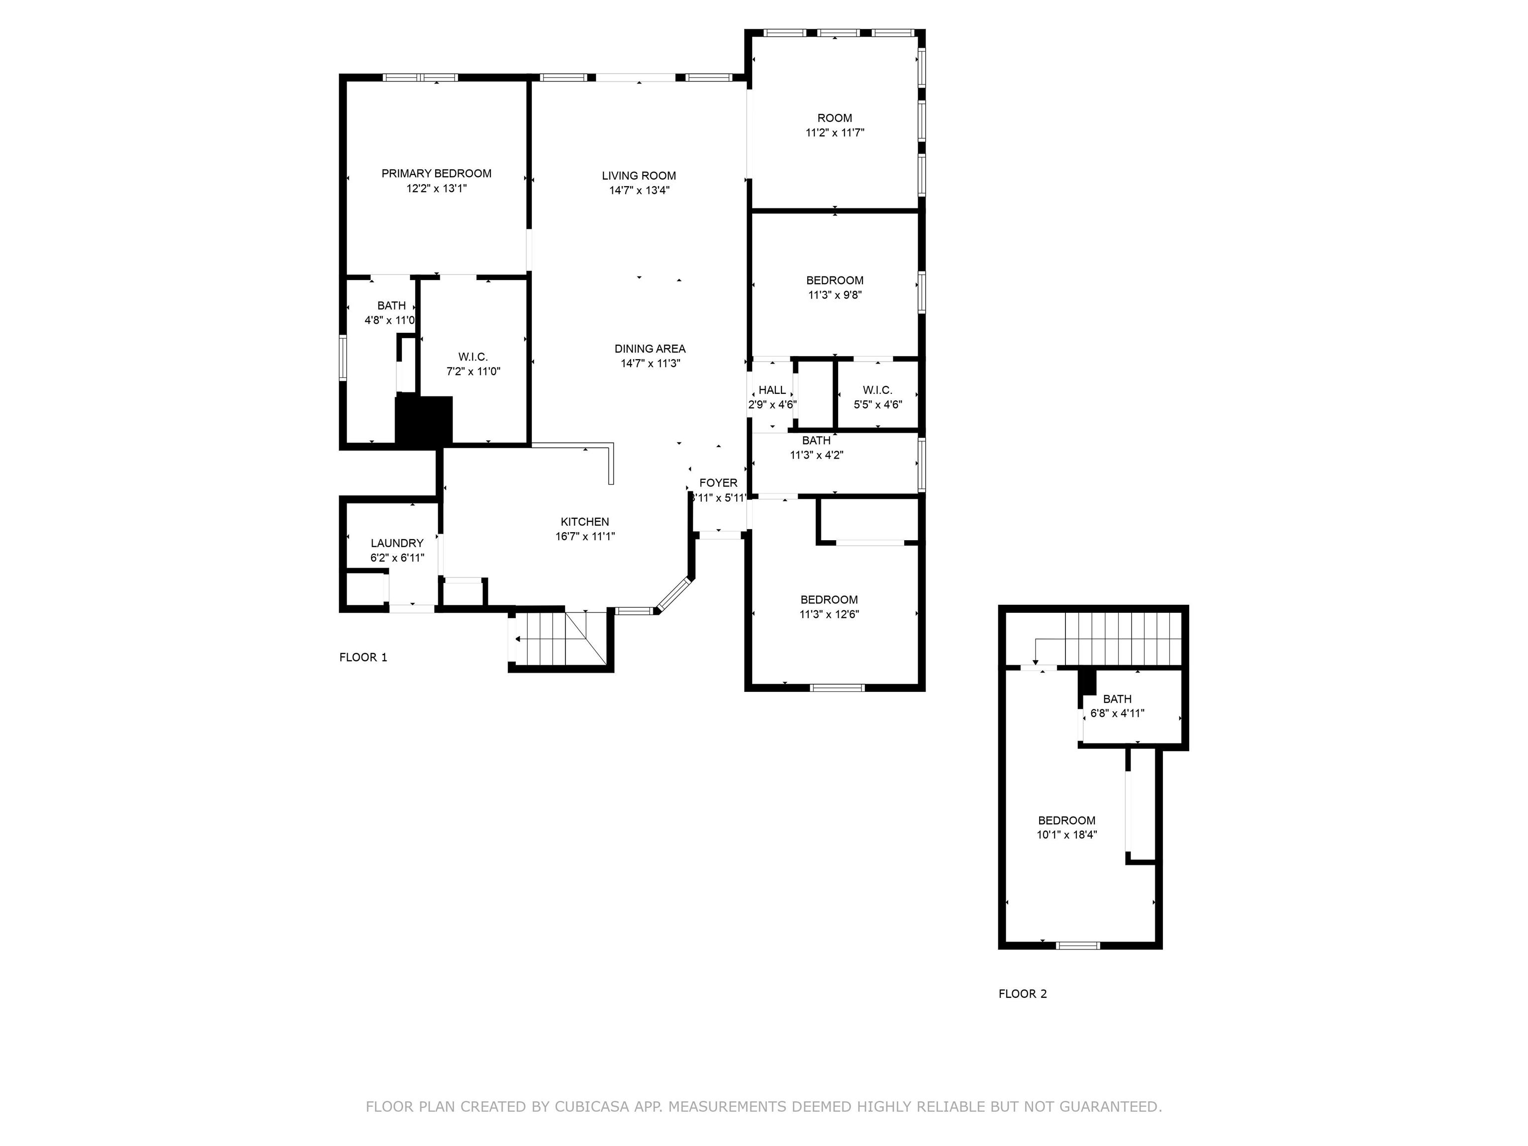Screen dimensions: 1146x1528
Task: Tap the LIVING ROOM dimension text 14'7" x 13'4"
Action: (639, 191)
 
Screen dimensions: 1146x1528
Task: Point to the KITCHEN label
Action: (584, 522)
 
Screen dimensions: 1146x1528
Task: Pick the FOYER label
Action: (718, 483)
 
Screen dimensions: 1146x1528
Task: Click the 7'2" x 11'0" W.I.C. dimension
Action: (473, 372)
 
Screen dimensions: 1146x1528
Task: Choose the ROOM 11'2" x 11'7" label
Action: (835, 125)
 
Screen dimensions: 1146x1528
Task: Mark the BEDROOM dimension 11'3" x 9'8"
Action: (835, 295)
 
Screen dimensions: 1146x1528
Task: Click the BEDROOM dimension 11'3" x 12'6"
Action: (829, 615)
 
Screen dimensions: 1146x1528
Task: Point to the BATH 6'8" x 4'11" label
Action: (1117, 706)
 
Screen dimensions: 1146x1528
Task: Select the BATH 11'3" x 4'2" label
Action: (817, 448)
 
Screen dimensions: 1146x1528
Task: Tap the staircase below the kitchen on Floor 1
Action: (560, 639)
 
